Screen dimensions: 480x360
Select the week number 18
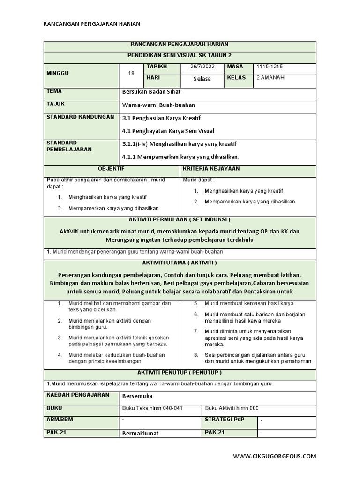[x=131, y=73]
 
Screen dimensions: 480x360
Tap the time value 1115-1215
[x=266, y=67]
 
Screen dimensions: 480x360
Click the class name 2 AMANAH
[x=271, y=78]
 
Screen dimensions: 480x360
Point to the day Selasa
[x=202, y=79]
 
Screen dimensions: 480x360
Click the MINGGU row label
[x=58, y=73]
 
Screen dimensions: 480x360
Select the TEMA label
[x=54, y=91]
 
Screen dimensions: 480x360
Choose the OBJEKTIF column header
[x=111, y=168]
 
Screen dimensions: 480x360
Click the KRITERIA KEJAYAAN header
[x=211, y=168]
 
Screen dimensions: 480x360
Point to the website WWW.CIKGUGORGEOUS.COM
[x=275, y=456]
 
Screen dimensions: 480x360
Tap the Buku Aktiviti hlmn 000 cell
[x=232, y=408]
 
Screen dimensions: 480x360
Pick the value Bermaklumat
[x=140, y=433]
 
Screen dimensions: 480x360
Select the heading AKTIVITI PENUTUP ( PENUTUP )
[x=180, y=372]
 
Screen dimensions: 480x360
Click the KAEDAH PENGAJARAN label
[x=77, y=395]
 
